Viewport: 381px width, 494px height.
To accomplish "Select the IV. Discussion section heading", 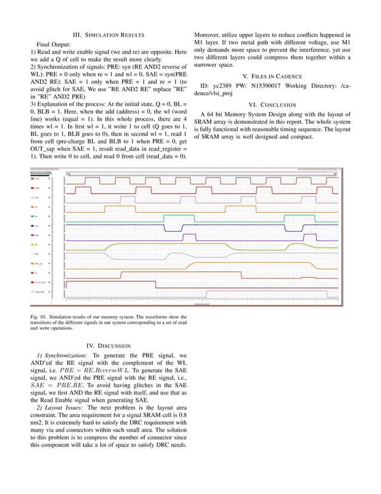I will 110,346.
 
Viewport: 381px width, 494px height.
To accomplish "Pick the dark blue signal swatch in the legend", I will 33,226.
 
